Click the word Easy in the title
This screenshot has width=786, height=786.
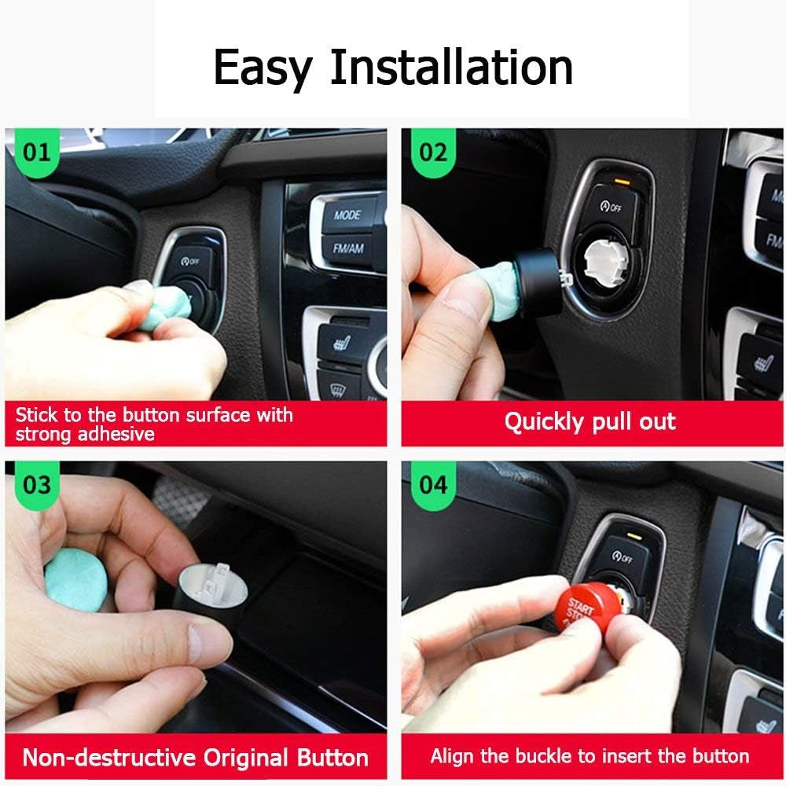(262, 67)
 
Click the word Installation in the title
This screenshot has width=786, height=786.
(450, 67)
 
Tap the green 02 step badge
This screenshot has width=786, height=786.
(432, 151)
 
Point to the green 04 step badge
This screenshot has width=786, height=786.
(432, 485)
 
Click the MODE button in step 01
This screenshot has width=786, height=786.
(347, 215)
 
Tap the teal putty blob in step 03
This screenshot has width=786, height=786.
(75, 579)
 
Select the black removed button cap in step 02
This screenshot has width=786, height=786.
(540, 281)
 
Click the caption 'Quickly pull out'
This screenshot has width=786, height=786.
(589, 422)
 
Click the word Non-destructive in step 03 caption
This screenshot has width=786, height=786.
(109, 758)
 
